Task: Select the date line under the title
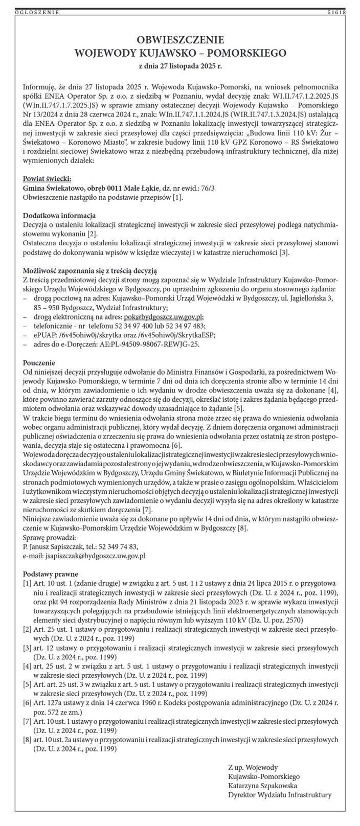tap(180, 66)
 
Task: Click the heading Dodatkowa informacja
tap(59, 215)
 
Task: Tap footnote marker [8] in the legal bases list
tap(27, 739)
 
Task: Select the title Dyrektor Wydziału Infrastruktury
tap(280, 795)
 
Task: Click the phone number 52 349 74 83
tap(118, 545)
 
